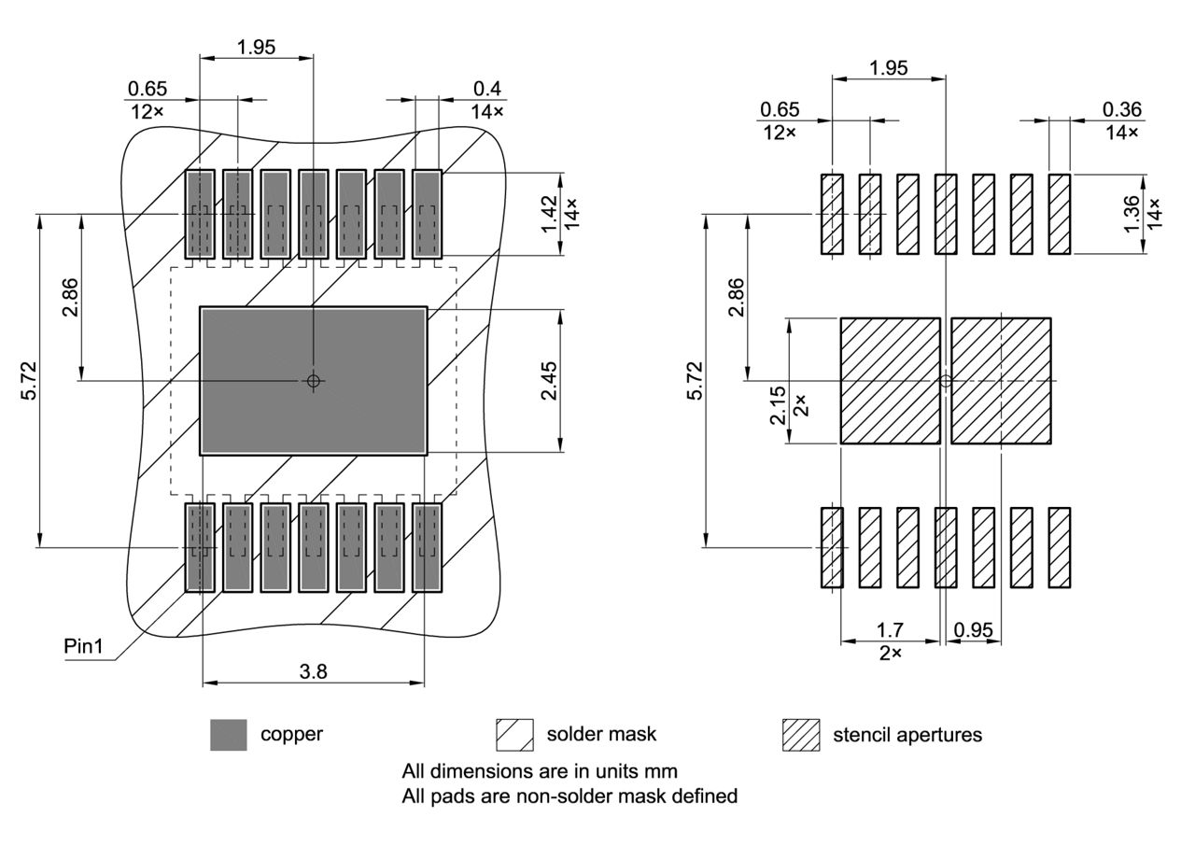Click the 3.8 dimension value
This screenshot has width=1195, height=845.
pos(314,670)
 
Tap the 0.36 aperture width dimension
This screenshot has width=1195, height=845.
pos(1121,109)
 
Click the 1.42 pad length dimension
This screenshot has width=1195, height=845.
pos(549,213)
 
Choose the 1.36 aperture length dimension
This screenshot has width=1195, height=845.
pos(1131,215)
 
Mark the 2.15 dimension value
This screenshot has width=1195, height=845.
pos(778,406)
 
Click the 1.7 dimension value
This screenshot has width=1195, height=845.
pos(890,630)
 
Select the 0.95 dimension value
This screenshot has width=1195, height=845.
pos(974,630)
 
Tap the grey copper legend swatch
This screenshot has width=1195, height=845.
pos(229,735)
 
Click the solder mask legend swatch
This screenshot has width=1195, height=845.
pos(514,735)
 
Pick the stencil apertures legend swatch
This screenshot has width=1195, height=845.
pos(800,735)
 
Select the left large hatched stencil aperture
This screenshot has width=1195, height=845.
pos(890,381)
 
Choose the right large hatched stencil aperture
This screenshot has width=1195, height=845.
pos(1001,381)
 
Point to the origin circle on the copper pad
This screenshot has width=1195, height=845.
pos(314,380)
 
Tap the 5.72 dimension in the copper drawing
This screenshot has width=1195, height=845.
pos(30,381)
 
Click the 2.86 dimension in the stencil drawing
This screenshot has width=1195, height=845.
pos(737,297)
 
